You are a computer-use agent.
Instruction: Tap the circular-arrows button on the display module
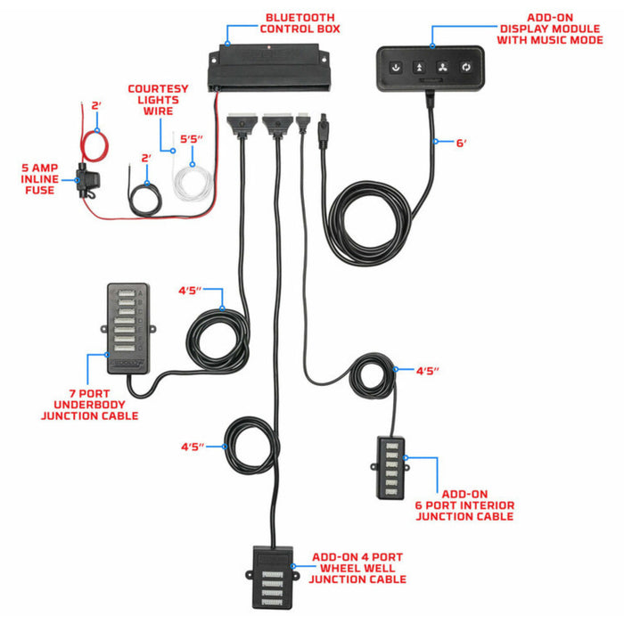[x=464, y=67]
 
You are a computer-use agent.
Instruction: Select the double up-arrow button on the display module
[x=418, y=67]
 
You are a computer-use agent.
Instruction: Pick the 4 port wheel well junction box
[x=273, y=571]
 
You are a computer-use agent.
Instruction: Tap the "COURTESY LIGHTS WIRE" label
[x=157, y=101]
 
